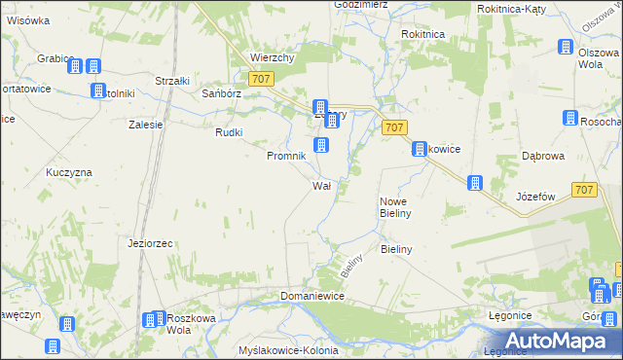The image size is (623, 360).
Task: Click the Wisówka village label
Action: [x=28, y=19]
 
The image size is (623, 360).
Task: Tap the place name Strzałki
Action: [x=174, y=81]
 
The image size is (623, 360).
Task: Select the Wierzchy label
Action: [x=272, y=57]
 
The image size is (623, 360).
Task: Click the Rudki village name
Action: [x=229, y=133]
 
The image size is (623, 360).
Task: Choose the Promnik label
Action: [x=286, y=156]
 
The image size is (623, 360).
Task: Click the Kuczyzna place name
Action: [x=69, y=172]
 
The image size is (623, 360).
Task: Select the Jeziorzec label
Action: [x=150, y=242]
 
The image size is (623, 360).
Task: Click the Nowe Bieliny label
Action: [x=397, y=206]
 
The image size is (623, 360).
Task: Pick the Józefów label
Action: [x=535, y=197]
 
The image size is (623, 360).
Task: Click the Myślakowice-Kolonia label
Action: [x=287, y=349]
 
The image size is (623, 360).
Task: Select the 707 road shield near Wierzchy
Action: [x=260, y=79]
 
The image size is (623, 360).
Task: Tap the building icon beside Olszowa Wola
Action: [x=566, y=47]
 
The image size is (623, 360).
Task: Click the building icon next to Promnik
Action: [x=321, y=146]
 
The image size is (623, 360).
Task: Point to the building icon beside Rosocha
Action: [x=570, y=118]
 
